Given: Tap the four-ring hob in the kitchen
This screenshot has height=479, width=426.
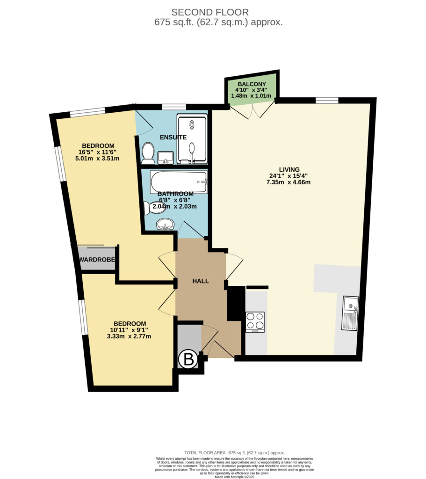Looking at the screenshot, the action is [255, 322].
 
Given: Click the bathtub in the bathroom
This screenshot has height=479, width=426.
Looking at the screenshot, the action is [179, 182].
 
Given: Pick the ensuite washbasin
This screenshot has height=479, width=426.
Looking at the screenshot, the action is [166, 158].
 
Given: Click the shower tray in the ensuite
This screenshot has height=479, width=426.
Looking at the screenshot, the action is [192, 139].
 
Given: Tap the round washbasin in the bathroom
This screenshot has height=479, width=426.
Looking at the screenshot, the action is [165, 225].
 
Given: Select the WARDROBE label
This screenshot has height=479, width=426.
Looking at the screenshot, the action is [97, 260].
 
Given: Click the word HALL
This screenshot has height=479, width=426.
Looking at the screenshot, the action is [201, 281].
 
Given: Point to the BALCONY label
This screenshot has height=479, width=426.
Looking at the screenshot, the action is [252, 84].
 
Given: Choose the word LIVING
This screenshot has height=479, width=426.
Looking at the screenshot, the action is [289, 169].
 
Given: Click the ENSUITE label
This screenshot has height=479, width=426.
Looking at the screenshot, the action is [173, 137].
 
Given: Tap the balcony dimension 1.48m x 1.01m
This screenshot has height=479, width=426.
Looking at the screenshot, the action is [251, 95].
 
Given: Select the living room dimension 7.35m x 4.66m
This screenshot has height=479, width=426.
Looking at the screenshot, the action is [289, 182].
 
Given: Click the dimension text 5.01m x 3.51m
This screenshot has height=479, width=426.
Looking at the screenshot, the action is [97, 159].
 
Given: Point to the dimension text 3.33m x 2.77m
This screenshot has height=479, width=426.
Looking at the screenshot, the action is [129, 337].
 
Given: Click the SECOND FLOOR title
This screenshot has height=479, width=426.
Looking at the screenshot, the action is [210, 12].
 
